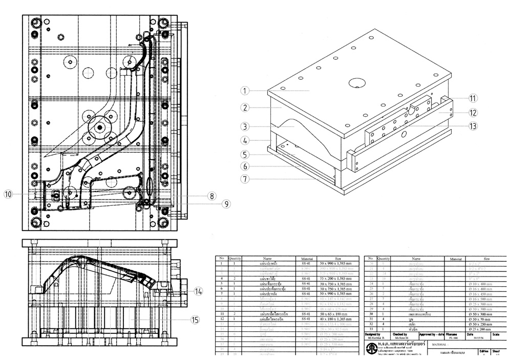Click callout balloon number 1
(246, 91)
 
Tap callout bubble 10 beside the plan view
(8, 194)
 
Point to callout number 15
(195, 320)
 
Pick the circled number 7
(246, 179)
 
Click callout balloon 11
(473, 98)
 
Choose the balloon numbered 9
(226, 204)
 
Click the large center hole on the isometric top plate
(355, 83)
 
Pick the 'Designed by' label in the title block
(372, 333)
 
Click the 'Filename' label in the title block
(451, 333)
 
